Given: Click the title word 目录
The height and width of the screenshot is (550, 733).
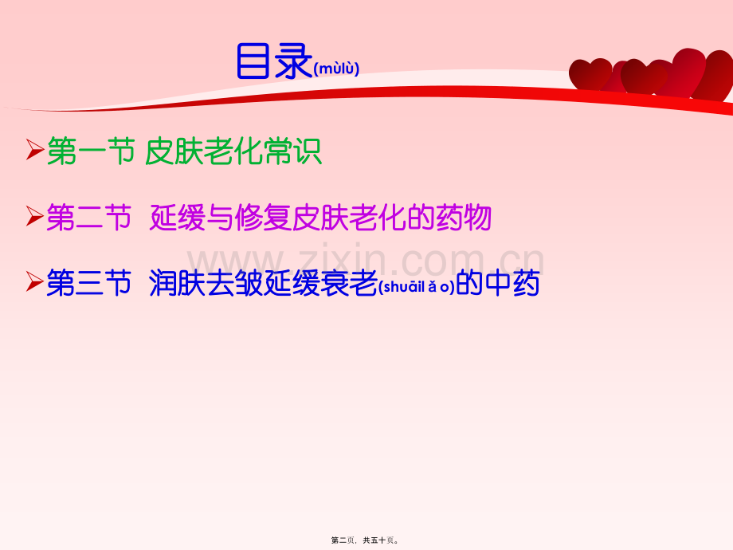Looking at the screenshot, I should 273,61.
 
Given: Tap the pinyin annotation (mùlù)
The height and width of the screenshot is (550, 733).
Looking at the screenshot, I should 336,69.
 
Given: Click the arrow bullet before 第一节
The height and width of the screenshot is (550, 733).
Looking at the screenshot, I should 34,150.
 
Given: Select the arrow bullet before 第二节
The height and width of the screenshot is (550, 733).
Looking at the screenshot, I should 34,216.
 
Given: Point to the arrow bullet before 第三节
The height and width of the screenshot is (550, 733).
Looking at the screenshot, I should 34,281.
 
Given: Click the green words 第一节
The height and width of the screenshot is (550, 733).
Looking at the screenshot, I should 90,151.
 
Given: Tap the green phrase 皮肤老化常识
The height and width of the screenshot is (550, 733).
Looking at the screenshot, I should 233,151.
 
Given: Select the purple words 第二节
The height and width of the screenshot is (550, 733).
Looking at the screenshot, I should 89,217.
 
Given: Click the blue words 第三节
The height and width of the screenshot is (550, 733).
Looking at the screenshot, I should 89,283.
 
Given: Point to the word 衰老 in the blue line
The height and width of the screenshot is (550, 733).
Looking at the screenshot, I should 350,283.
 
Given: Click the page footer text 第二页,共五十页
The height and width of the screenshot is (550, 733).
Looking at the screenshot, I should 366,540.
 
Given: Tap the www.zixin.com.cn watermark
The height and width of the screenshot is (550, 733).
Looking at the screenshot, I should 366,260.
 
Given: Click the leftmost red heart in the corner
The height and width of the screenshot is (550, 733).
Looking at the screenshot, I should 590,74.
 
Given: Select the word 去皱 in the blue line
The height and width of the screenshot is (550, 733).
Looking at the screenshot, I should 235,283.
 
